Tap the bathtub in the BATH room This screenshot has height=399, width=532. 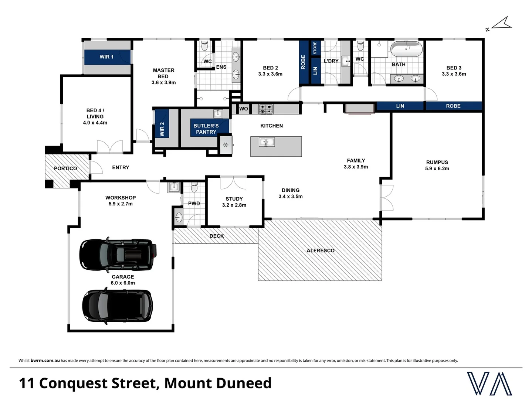pos(406,49)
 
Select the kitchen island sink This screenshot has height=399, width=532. pos(267,142)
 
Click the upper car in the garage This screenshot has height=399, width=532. pos(118,255)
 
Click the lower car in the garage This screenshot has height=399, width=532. pos(117,306)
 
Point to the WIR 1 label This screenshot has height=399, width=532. pos(106,57)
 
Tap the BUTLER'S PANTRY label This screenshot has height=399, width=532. pos(206,129)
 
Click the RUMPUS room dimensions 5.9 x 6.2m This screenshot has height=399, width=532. pos(437,168)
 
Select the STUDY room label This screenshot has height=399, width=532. pos(234,199)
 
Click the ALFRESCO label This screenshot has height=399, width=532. pos(320,250)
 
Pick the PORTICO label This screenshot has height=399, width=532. pos(65,168)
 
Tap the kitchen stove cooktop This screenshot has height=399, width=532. pos(265,109)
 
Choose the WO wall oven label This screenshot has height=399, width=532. pos(244,109)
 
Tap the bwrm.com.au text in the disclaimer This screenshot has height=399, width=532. pos(45,361)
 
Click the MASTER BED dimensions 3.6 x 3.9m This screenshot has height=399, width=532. pos(163,82)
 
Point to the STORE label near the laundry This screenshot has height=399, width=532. pos(315,48)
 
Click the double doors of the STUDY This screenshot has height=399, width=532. pos(233,183)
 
